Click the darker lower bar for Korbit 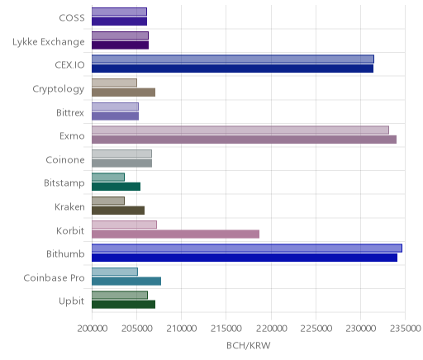coord(175,234)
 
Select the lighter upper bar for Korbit coord(124,225)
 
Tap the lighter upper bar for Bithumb coord(247,249)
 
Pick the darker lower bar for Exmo coord(245,140)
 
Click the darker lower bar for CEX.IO coord(233,69)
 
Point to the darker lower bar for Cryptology coord(124,92)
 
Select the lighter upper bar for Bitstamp coord(108,178)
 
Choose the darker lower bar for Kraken coord(118,211)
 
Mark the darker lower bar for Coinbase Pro coord(126,282)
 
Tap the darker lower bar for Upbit coord(124,305)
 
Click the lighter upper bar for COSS coord(119,12)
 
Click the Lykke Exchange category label coord(49,42)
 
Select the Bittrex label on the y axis coord(70,113)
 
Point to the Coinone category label coord(65,160)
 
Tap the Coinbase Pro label coord(54,277)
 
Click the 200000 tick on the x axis coord(93,329)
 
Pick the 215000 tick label coord(226,329)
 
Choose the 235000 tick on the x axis coord(405,329)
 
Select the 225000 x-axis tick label coord(316,329)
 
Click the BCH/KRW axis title coord(249,346)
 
